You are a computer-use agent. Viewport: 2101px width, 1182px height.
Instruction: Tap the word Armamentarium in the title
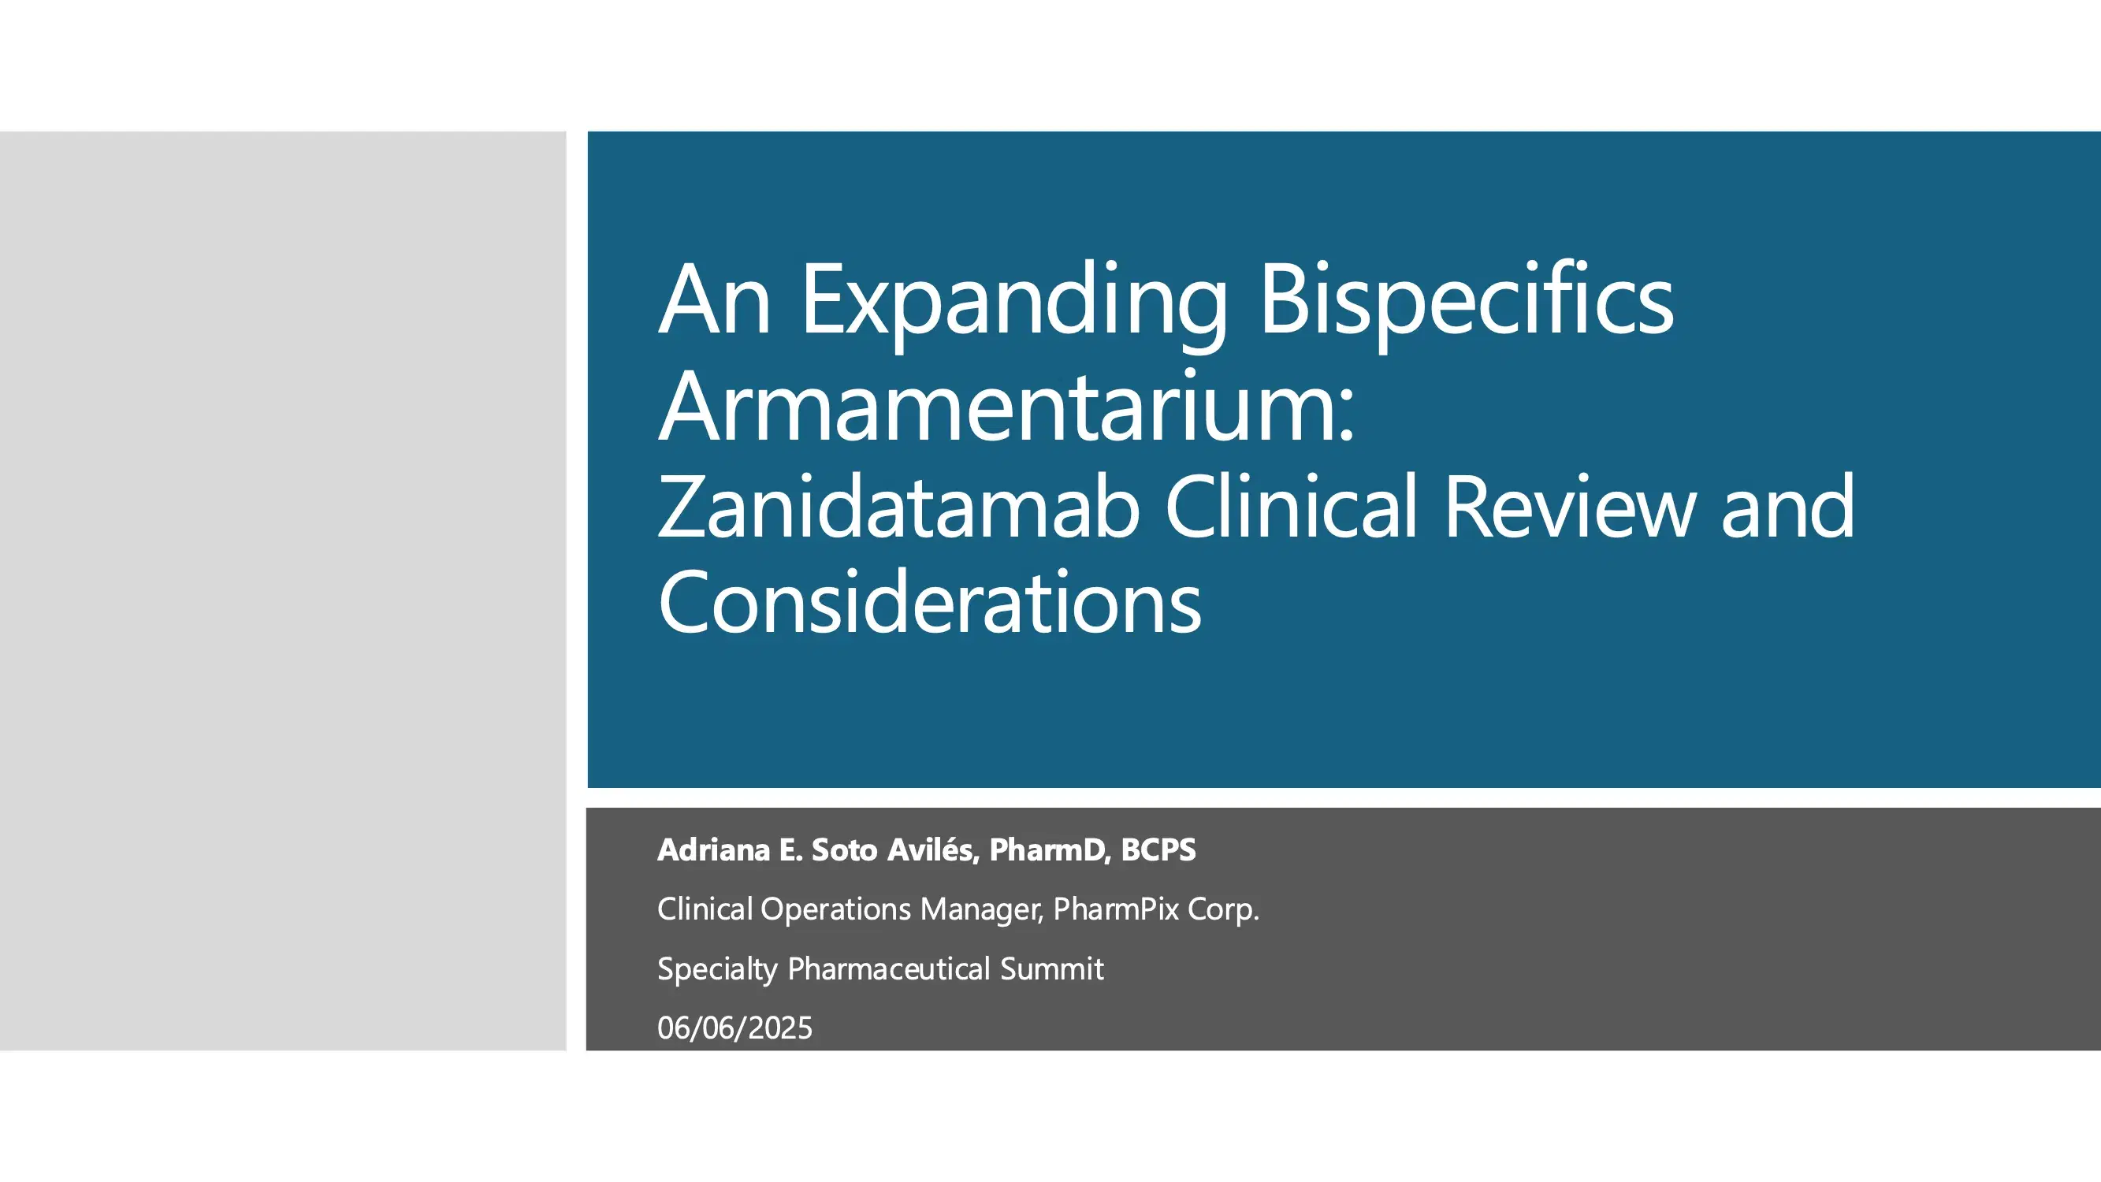pos(1006,407)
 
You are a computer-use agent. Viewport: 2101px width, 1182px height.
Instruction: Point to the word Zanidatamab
pos(898,508)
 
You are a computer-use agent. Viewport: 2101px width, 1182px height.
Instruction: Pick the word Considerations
pos(930,602)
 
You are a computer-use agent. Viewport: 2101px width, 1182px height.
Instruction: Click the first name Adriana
pos(714,850)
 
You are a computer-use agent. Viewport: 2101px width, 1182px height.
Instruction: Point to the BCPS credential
pos(1158,850)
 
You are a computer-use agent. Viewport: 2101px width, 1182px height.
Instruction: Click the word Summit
pos(1052,969)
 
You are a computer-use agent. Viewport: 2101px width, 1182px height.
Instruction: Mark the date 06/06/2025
pos(734,1028)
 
